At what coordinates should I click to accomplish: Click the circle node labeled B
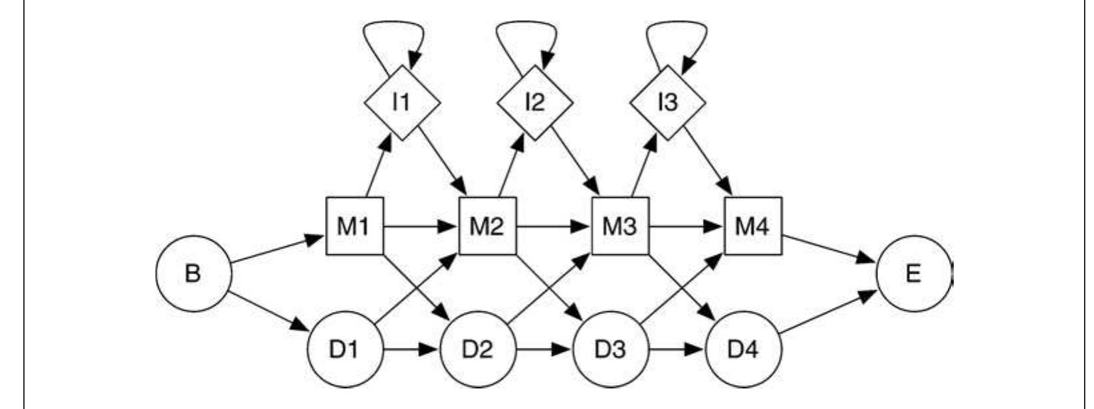click(193, 274)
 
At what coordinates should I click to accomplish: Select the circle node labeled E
click(914, 273)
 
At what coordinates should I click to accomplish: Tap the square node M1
click(354, 226)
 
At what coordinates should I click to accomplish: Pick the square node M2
click(487, 226)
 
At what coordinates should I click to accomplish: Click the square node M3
click(620, 226)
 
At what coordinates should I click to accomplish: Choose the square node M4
click(752, 226)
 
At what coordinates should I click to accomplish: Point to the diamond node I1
click(401, 102)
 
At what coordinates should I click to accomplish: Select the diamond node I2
click(534, 102)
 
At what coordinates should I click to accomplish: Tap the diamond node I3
click(667, 102)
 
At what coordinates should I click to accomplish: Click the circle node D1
click(345, 349)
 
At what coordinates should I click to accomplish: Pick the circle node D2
click(477, 349)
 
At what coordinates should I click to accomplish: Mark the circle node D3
click(610, 349)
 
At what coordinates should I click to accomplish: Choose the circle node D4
click(743, 349)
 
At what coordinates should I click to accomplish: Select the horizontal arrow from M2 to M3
click(554, 226)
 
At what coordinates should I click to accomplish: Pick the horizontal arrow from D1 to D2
click(411, 349)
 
